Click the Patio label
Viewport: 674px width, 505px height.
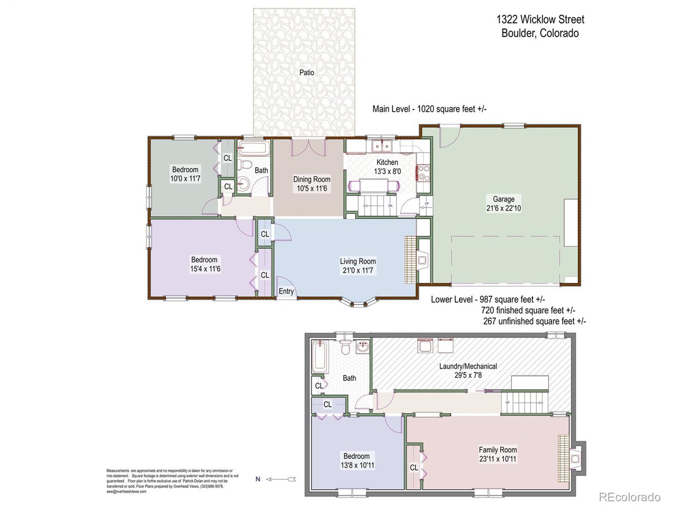click(x=306, y=73)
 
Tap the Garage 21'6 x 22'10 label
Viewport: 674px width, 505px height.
click(x=503, y=204)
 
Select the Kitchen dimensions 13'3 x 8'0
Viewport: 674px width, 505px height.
click(x=387, y=171)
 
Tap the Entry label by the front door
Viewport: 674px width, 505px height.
click(x=286, y=291)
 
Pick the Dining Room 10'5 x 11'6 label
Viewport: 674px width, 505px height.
click(x=312, y=184)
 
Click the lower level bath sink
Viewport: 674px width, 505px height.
click(x=362, y=348)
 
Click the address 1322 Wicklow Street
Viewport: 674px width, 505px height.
click(x=540, y=19)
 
